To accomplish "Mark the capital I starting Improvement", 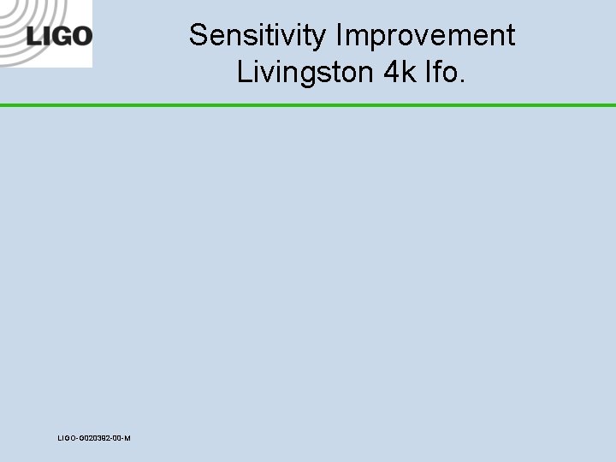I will pyautogui.click(x=341, y=36).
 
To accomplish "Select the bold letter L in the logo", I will pyautogui.click(x=33, y=36).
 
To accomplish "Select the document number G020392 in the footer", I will pyautogui.click(x=95, y=438).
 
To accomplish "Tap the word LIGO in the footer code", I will pyautogui.click(x=67, y=438).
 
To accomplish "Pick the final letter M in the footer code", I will pyautogui.click(x=127, y=438).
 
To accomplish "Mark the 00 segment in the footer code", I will pyautogui.click(x=116, y=438).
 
